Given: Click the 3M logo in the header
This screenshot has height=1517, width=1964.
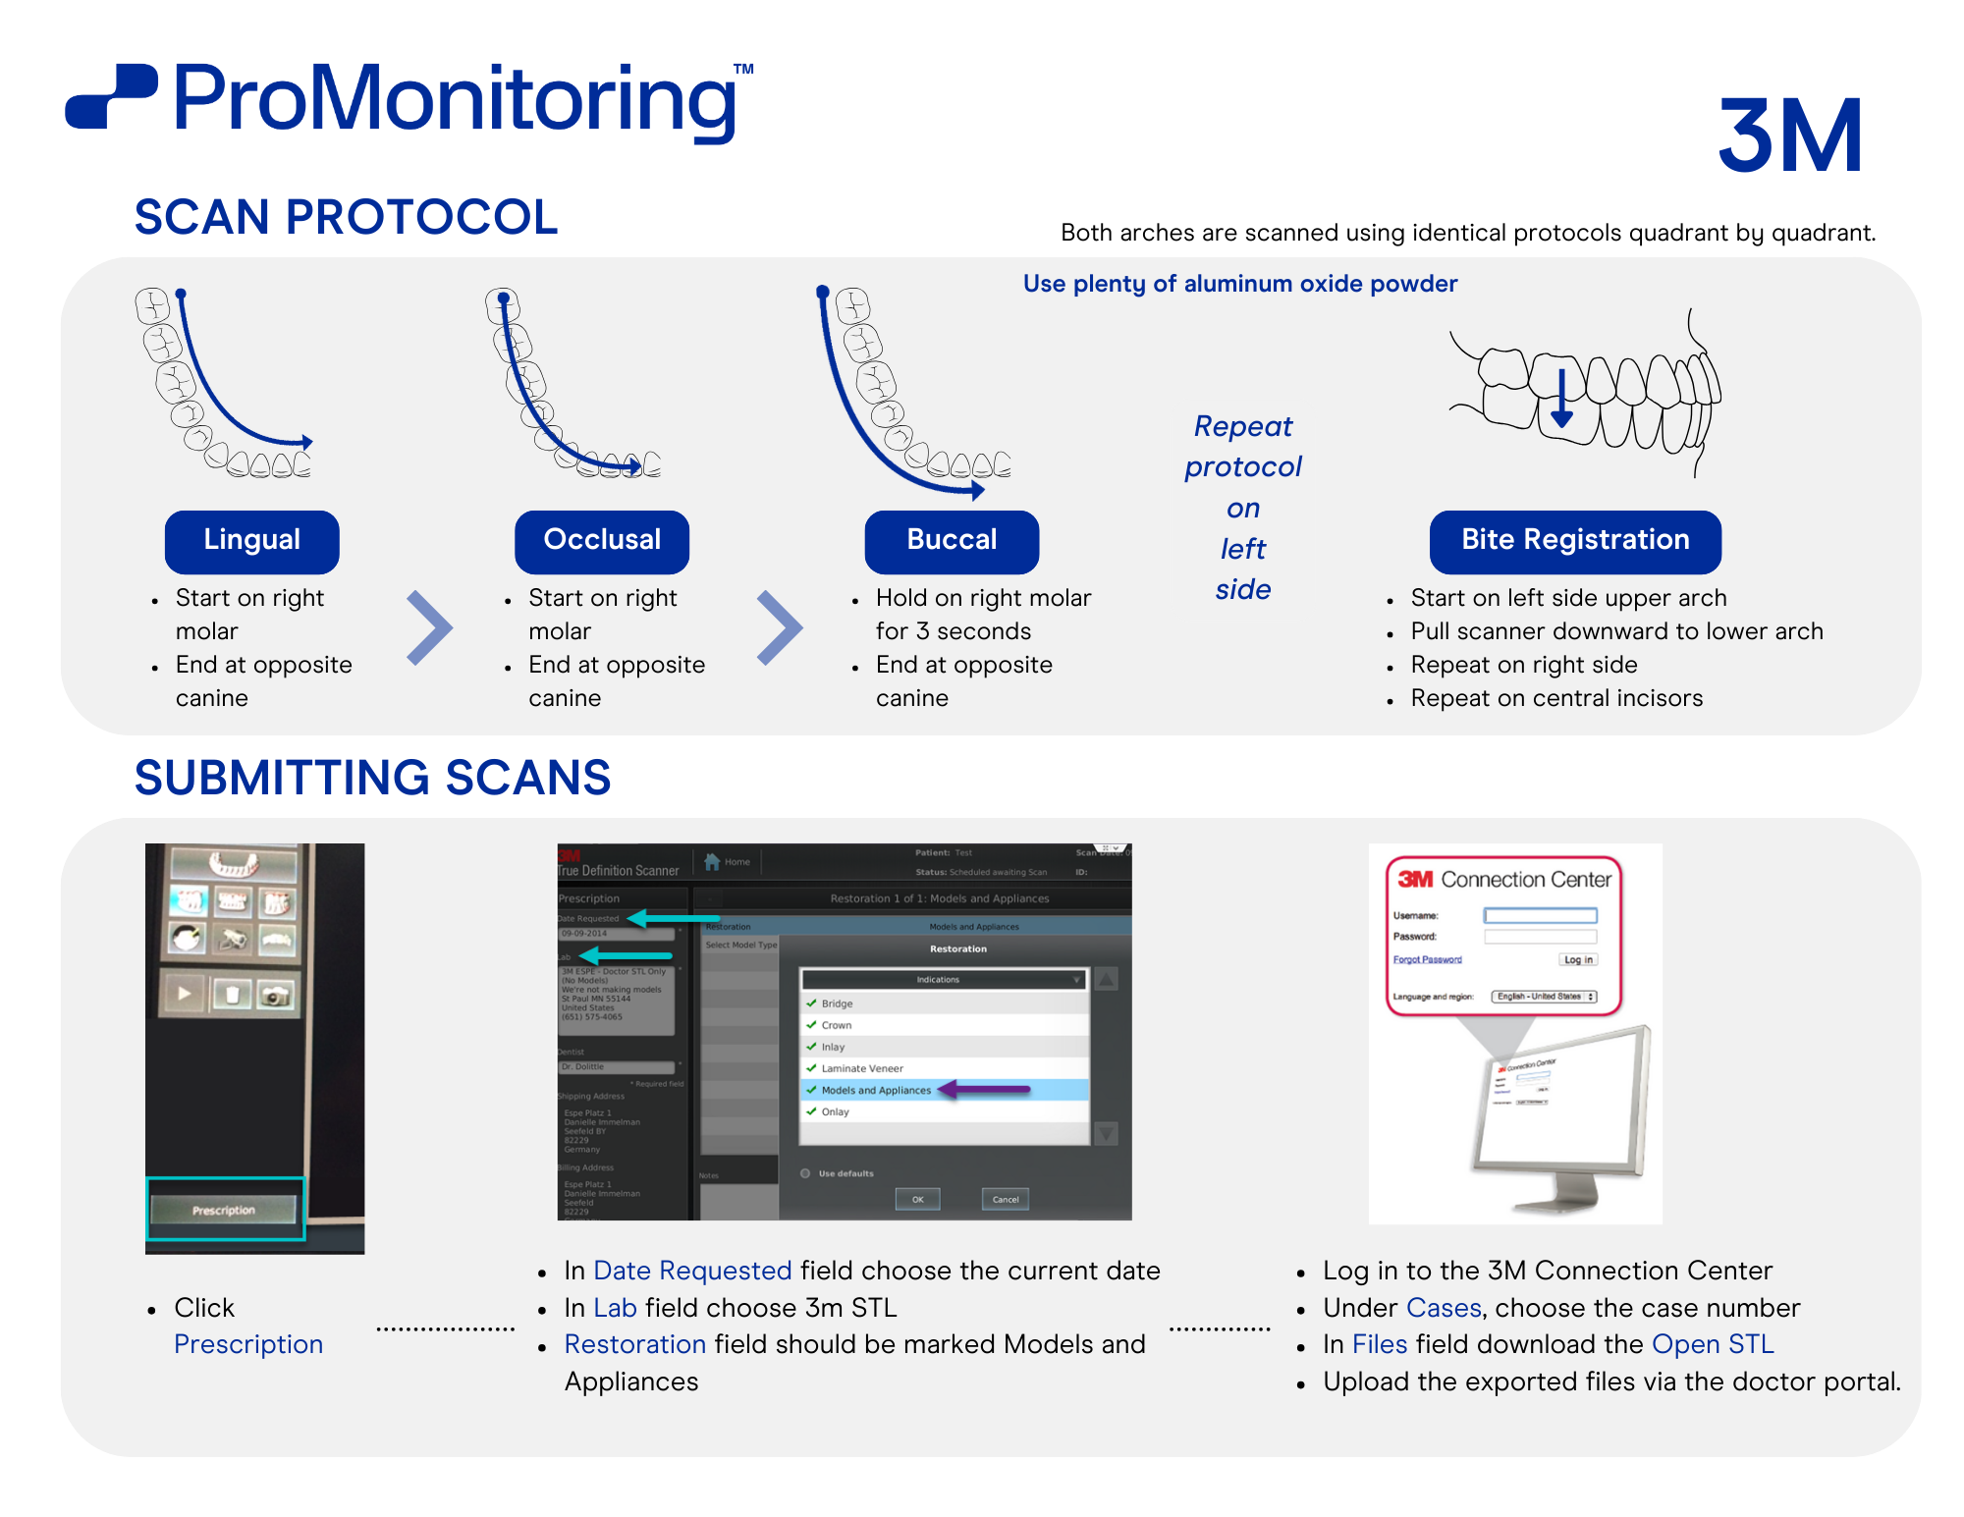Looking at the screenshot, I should (x=1789, y=135).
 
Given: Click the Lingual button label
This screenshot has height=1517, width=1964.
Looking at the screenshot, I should (x=251, y=541).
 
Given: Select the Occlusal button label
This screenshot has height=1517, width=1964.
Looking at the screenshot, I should (x=602, y=541).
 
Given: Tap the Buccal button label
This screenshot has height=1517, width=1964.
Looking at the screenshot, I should (x=952, y=541).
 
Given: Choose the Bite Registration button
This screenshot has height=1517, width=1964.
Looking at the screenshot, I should (x=1574, y=541).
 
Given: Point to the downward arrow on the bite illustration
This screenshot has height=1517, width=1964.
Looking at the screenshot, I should (x=1561, y=400).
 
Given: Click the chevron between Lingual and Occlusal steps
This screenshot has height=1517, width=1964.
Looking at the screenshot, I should (x=429, y=627).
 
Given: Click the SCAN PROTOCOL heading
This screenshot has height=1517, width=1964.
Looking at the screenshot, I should (x=346, y=217).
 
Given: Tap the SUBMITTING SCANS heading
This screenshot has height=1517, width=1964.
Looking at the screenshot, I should (x=372, y=778).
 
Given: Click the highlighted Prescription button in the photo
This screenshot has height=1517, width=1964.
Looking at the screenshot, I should (x=225, y=1210).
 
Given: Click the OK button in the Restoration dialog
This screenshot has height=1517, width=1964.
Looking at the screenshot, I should (x=917, y=1199).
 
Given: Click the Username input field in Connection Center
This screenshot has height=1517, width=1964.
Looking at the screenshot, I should (x=1540, y=915).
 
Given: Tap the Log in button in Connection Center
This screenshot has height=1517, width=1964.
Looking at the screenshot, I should (x=1578, y=959).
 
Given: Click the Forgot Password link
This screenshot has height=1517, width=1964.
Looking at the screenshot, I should (x=1427, y=959).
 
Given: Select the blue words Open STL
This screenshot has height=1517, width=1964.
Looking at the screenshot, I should (x=1713, y=1344).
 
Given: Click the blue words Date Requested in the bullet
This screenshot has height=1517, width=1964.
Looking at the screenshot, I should (x=692, y=1271).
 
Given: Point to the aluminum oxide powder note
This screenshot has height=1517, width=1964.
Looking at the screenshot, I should (x=1239, y=284).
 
